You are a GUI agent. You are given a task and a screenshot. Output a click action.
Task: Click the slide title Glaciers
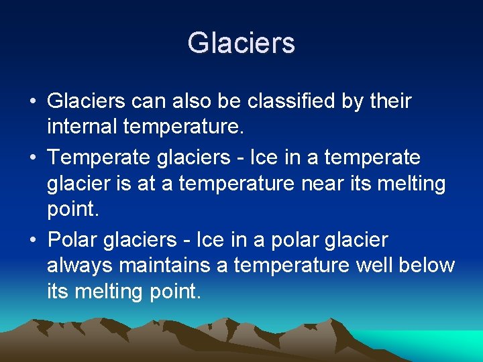coord(241,43)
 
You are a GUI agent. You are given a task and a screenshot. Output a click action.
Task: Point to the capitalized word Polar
coord(74,239)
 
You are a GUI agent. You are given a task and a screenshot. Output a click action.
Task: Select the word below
coord(427,265)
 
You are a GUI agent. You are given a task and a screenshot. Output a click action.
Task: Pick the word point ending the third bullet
coord(170,292)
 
